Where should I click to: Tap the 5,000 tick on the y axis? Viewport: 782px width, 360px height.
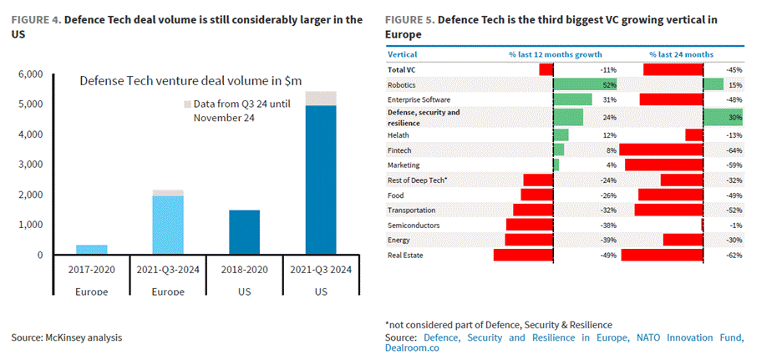[31, 104]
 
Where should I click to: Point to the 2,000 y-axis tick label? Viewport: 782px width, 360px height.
[31, 195]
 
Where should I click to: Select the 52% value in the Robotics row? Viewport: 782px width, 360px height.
[610, 84]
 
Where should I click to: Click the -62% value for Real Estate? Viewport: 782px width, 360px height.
[734, 255]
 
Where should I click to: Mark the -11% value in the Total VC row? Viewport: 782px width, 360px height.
[608, 69]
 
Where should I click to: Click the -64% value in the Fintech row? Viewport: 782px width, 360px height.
[734, 150]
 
